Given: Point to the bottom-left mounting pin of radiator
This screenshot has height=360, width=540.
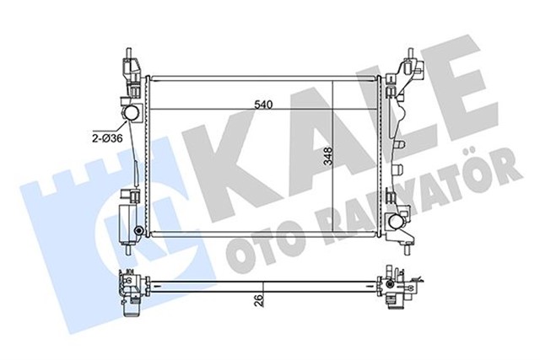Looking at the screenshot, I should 129,250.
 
